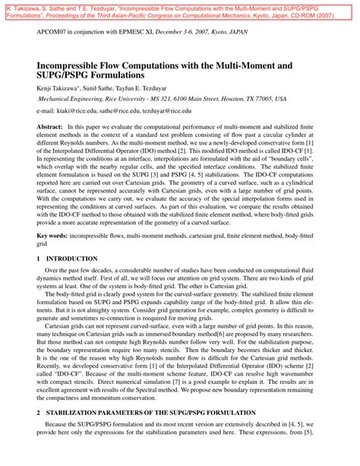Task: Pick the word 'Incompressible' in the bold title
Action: coord(77,66)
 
